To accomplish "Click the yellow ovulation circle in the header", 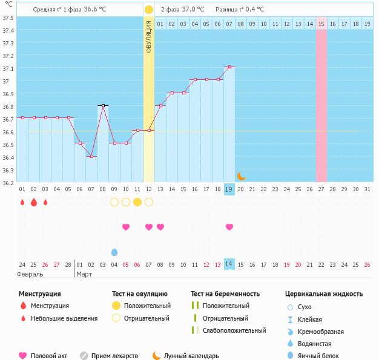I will [149, 10].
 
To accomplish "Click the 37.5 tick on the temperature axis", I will [8, 18].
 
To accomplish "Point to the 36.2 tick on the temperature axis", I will [8, 182].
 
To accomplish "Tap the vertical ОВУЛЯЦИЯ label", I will [149, 36].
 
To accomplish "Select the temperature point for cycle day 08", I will [103, 105].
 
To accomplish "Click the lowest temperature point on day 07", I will [91, 156].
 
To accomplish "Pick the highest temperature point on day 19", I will [229, 67].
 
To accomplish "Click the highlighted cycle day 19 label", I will [229, 189].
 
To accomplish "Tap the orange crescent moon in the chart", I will [241, 175].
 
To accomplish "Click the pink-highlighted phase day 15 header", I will [321, 24].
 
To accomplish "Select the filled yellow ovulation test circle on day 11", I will [137, 202].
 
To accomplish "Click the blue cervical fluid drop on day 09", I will [114, 252].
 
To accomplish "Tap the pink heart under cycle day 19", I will [229, 227].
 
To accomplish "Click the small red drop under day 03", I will [45, 202].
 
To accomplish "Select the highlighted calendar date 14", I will [229, 264].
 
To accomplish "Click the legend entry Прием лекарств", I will [114, 356].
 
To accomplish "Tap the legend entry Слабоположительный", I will [234, 330].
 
